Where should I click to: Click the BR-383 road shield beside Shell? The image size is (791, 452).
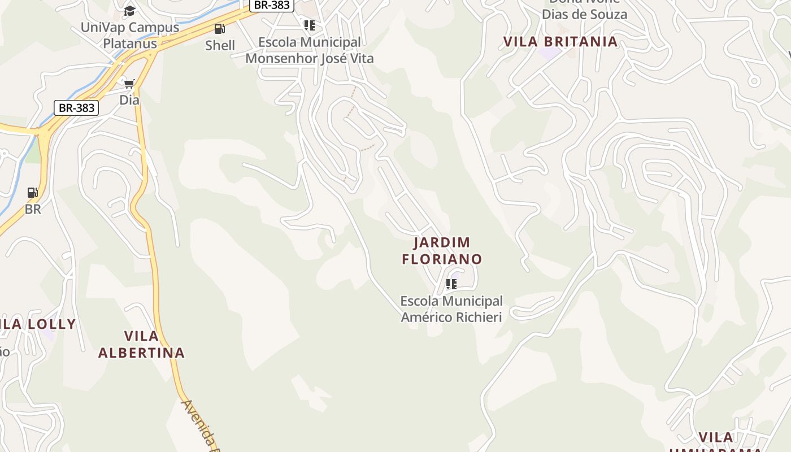click(272, 5)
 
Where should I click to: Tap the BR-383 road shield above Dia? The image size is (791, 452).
click(76, 107)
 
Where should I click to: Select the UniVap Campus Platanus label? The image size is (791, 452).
click(130, 35)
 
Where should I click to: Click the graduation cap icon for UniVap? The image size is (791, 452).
click(130, 11)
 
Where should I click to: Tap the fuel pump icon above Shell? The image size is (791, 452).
click(219, 29)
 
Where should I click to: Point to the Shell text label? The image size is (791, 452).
click(220, 46)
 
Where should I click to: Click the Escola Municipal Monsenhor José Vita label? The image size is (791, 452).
click(310, 50)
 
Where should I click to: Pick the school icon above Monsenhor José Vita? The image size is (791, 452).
click(310, 25)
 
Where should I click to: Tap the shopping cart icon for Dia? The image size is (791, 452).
click(129, 84)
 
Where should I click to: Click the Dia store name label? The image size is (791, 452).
click(129, 100)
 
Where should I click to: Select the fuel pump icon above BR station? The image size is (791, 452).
click(33, 193)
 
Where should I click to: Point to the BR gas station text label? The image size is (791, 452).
click(33, 209)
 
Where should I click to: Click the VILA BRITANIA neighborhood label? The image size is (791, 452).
click(560, 42)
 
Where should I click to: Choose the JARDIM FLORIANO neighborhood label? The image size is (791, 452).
click(442, 251)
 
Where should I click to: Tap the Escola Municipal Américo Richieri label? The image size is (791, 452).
click(451, 309)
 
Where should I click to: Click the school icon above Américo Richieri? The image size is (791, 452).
click(451, 284)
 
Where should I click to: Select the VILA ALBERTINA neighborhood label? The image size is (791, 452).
click(141, 344)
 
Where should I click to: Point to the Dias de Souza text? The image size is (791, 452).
click(585, 14)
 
